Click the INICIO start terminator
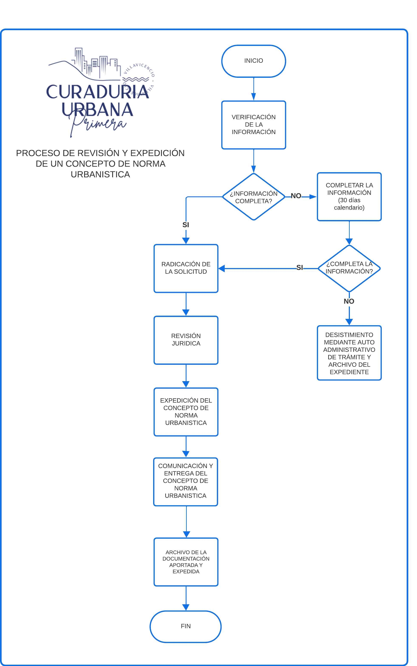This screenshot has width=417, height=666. click(x=253, y=61)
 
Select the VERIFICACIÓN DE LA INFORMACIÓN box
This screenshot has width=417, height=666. click(x=253, y=125)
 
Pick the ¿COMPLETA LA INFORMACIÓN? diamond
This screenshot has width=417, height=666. click(x=349, y=268)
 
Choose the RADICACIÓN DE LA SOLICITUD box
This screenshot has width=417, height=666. click(x=186, y=268)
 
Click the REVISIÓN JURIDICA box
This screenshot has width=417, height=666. click(x=186, y=340)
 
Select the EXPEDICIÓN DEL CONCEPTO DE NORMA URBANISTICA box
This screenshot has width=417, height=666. click(x=186, y=412)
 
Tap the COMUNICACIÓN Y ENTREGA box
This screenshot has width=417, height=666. click(x=186, y=482)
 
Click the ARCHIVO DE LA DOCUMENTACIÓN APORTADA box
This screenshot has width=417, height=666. click(x=186, y=562)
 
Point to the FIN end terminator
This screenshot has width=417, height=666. click(x=186, y=626)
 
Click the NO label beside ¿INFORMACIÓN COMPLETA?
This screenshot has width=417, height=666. click(x=296, y=196)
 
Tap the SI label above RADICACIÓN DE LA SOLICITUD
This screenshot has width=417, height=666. click(x=186, y=225)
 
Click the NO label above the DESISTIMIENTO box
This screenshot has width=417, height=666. click(x=349, y=301)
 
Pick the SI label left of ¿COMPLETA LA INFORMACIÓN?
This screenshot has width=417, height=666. click(x=300, y=267)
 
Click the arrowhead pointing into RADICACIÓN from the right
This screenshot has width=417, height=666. click(x=222, y=268)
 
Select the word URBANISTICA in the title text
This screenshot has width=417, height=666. click(x=100, y=175)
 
